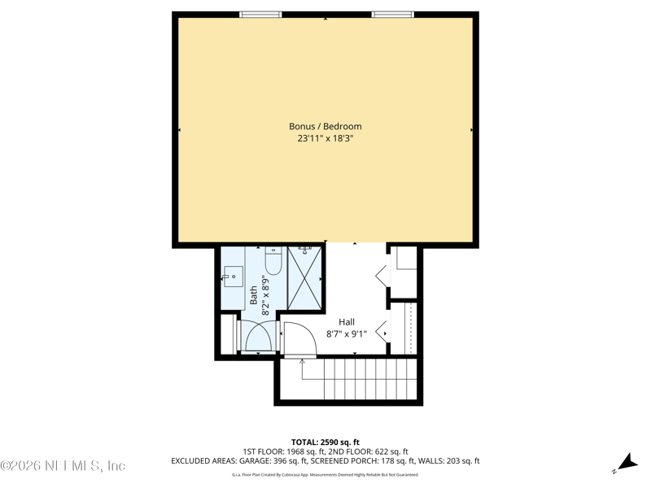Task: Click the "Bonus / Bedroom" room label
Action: click(325, 126)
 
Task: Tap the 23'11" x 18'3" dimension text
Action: click(325, 139)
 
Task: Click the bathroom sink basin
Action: click(234, 277)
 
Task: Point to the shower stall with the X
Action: click(304, 278)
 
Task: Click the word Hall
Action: click(346, 322)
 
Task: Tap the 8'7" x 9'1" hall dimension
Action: click(346, 333)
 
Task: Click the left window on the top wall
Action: click(260, 14)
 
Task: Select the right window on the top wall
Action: click(392, 14)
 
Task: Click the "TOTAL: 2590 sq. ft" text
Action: click(325, 442)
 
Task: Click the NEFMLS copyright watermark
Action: click(63, 466)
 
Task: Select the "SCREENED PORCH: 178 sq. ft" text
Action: click(377, 461)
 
